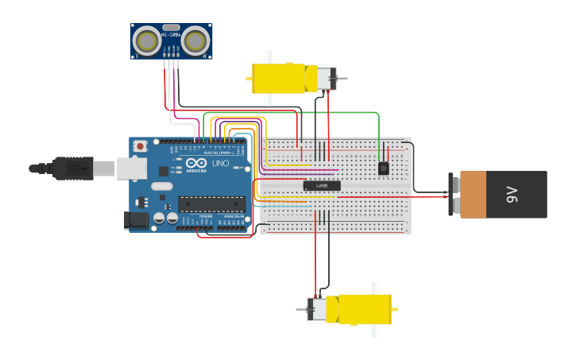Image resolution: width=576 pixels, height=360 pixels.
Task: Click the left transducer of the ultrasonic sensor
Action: pos(147,41)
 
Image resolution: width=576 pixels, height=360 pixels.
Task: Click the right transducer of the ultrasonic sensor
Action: pos(195,41)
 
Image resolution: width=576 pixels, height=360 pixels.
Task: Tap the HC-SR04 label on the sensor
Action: pos(171,35)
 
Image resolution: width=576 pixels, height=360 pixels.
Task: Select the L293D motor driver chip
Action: pos(322,185)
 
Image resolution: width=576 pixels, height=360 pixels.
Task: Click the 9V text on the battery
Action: pos(512,194)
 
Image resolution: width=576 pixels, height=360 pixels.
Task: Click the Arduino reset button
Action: pos(141,146)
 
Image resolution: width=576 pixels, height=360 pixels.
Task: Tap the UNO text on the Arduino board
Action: pos(220,164)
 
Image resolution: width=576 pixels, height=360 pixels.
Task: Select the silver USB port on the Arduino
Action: pos(132,168)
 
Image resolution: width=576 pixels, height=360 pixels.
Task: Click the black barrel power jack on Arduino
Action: pos(137,220)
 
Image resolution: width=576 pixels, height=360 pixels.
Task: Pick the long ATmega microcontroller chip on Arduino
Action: pos(211,204)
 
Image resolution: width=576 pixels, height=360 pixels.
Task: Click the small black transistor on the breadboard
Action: pos(384,168)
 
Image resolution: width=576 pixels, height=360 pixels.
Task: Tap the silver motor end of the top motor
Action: pos(327,79)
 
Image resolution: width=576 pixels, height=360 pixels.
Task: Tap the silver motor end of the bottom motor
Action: pos(317,309)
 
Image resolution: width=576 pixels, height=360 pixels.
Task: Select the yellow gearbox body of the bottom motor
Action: pos(359,309)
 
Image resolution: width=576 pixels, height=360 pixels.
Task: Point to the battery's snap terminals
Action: pos(454,194)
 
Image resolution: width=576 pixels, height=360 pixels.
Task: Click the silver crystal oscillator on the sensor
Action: pos(171,27)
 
